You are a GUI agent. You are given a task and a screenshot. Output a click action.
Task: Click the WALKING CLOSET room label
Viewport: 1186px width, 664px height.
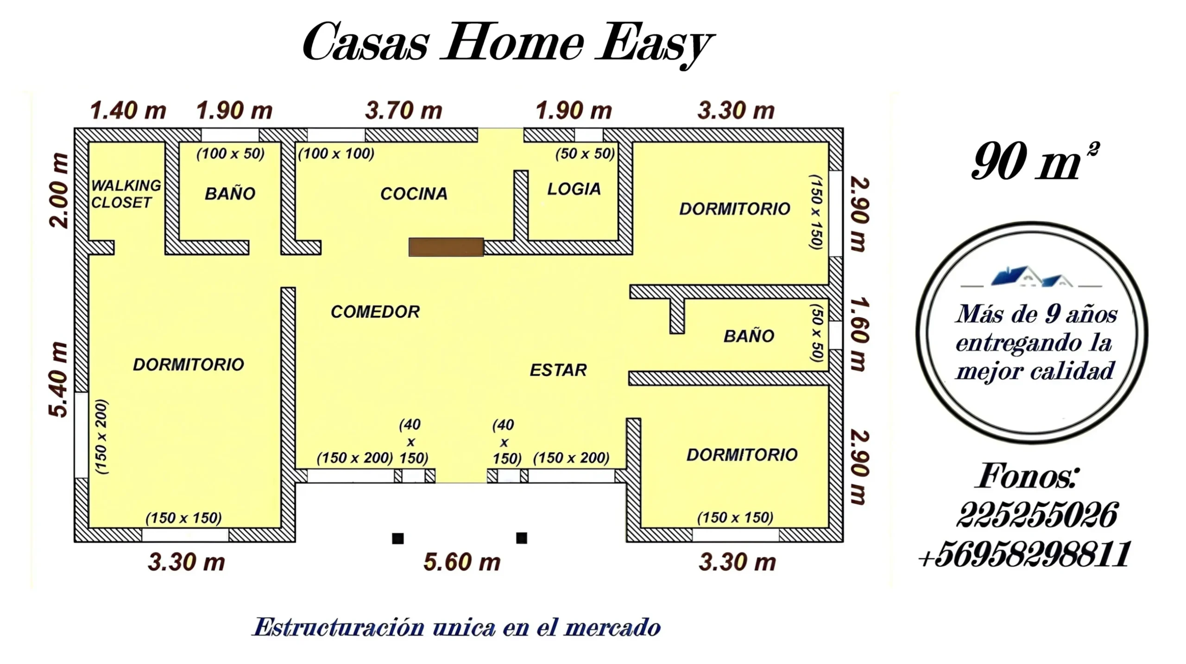pyautogui.click(x=126, y=194)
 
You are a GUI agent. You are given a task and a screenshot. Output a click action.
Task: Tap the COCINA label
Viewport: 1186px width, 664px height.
pyautogui.click(x=414, y=194)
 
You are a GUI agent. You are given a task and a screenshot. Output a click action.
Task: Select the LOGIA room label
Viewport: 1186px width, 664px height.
pyautogui.click(x=574, y=189)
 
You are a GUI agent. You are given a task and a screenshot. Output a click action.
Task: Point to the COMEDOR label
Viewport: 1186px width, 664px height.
pyautogui.click(x=375, y=312)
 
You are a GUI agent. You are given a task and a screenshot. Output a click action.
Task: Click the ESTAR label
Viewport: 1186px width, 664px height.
pyautogui.click(x=558, y=370)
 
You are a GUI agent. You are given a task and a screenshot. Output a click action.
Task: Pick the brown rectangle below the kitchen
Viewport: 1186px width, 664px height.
pyautogui.click(x=446, y=247)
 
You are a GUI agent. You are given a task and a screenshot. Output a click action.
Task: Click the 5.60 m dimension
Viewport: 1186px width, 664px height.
pyautogui.click(x=462, y=562)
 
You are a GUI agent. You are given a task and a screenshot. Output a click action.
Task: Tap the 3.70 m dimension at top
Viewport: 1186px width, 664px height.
pyautogui.click(x=404, y=111)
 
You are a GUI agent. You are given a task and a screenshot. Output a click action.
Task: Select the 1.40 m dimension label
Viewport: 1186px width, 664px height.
pyautogui.click(x=128, y=111)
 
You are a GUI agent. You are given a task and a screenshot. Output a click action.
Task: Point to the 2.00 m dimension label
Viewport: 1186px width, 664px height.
pyautogui.click(x=59, y=190)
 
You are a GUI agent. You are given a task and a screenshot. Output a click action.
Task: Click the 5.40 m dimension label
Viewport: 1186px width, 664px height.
pyautogui.click(x=58, y=380)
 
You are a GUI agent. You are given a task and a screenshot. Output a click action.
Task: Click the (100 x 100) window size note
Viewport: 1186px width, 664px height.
pyautogui.click(x=336, y=153)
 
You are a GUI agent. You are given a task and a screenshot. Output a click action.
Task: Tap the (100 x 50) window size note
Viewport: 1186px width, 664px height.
pyautogui.click(x=230, y=153)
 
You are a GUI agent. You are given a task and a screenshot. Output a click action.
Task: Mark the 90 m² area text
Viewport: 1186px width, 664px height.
pyautogui.click(x=1035, y=161)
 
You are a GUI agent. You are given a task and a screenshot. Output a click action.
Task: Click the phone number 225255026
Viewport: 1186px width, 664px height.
pyautogui.click(x=1037, y=514)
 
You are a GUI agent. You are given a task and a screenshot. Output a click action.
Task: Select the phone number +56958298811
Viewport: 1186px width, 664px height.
pyautogui.click(x=1024, y=554)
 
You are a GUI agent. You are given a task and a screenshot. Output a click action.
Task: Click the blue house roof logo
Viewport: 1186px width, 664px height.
pyautogui.click(x=1031, y=276)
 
